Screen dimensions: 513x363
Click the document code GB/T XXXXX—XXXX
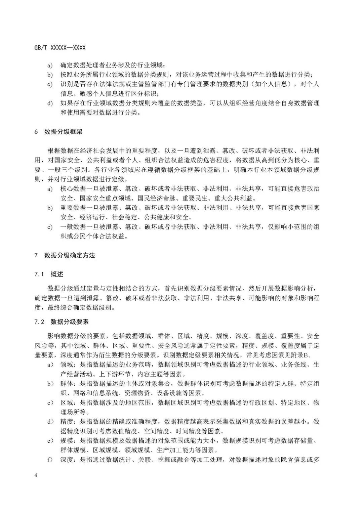click(60, 48)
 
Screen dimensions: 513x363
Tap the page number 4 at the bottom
click(36, 475)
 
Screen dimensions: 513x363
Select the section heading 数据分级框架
click(63, 132)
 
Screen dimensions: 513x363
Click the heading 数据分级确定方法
click(70, 255)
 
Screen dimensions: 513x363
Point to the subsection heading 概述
click(57, 274)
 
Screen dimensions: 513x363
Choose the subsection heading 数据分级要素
click(70, 322)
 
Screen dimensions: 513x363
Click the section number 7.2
click(39, 322)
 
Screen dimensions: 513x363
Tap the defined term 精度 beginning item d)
click(67, 422)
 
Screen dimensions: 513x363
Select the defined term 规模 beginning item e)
click(67, 440)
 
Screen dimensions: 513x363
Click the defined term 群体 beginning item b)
click(67, 384)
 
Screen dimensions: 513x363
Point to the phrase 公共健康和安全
click(173, 217)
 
